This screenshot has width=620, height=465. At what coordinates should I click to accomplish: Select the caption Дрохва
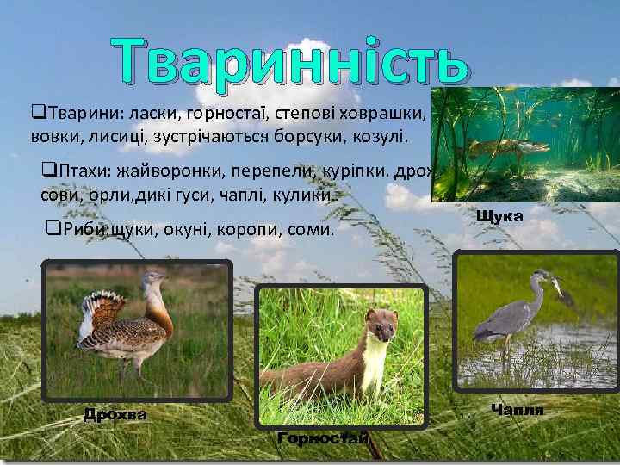click(115, 415)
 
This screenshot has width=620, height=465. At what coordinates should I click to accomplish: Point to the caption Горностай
click(323, 439)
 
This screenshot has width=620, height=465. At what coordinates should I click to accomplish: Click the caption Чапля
click(517, 409)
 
